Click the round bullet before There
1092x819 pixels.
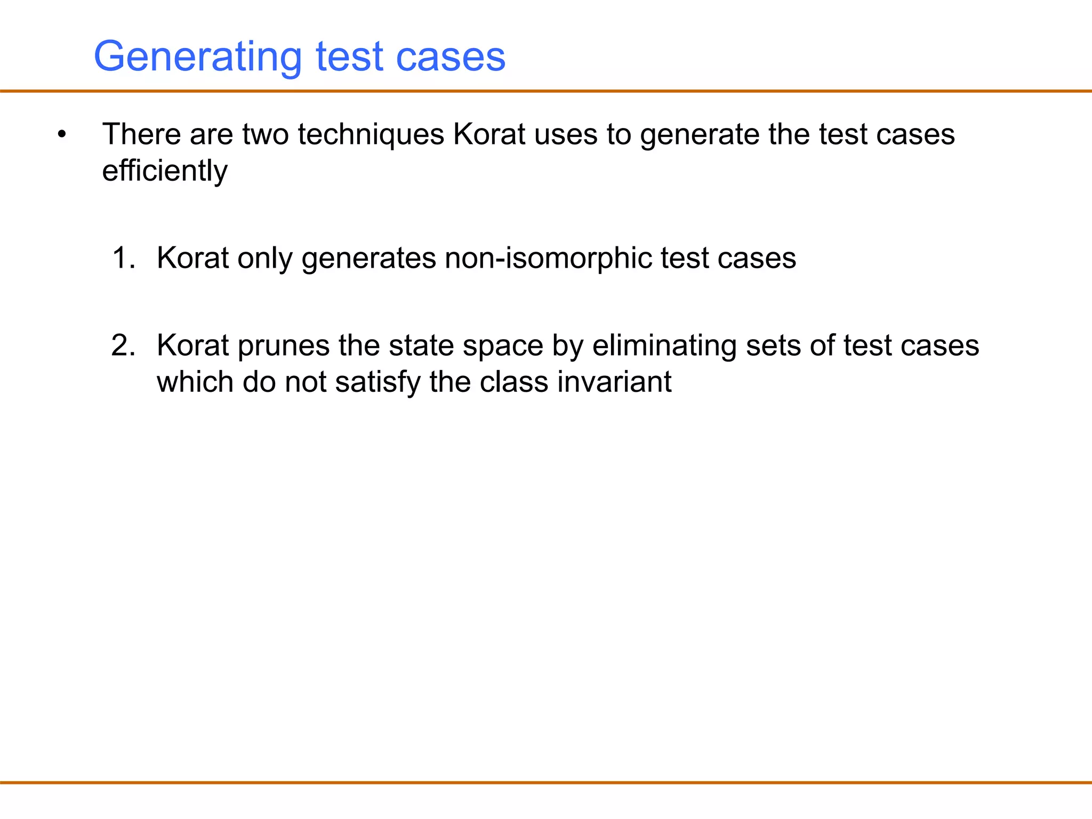coord(62,134)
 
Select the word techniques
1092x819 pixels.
coord(371,134)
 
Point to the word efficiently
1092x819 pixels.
coord(165,171)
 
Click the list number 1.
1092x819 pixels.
coord(123,258)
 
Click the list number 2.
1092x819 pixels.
coord(123,346)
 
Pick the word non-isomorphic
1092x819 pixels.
coord(548,258)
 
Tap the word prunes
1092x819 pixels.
coord(283,346)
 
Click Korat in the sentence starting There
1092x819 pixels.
coord(489,134)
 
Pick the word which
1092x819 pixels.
coord(195,382)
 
